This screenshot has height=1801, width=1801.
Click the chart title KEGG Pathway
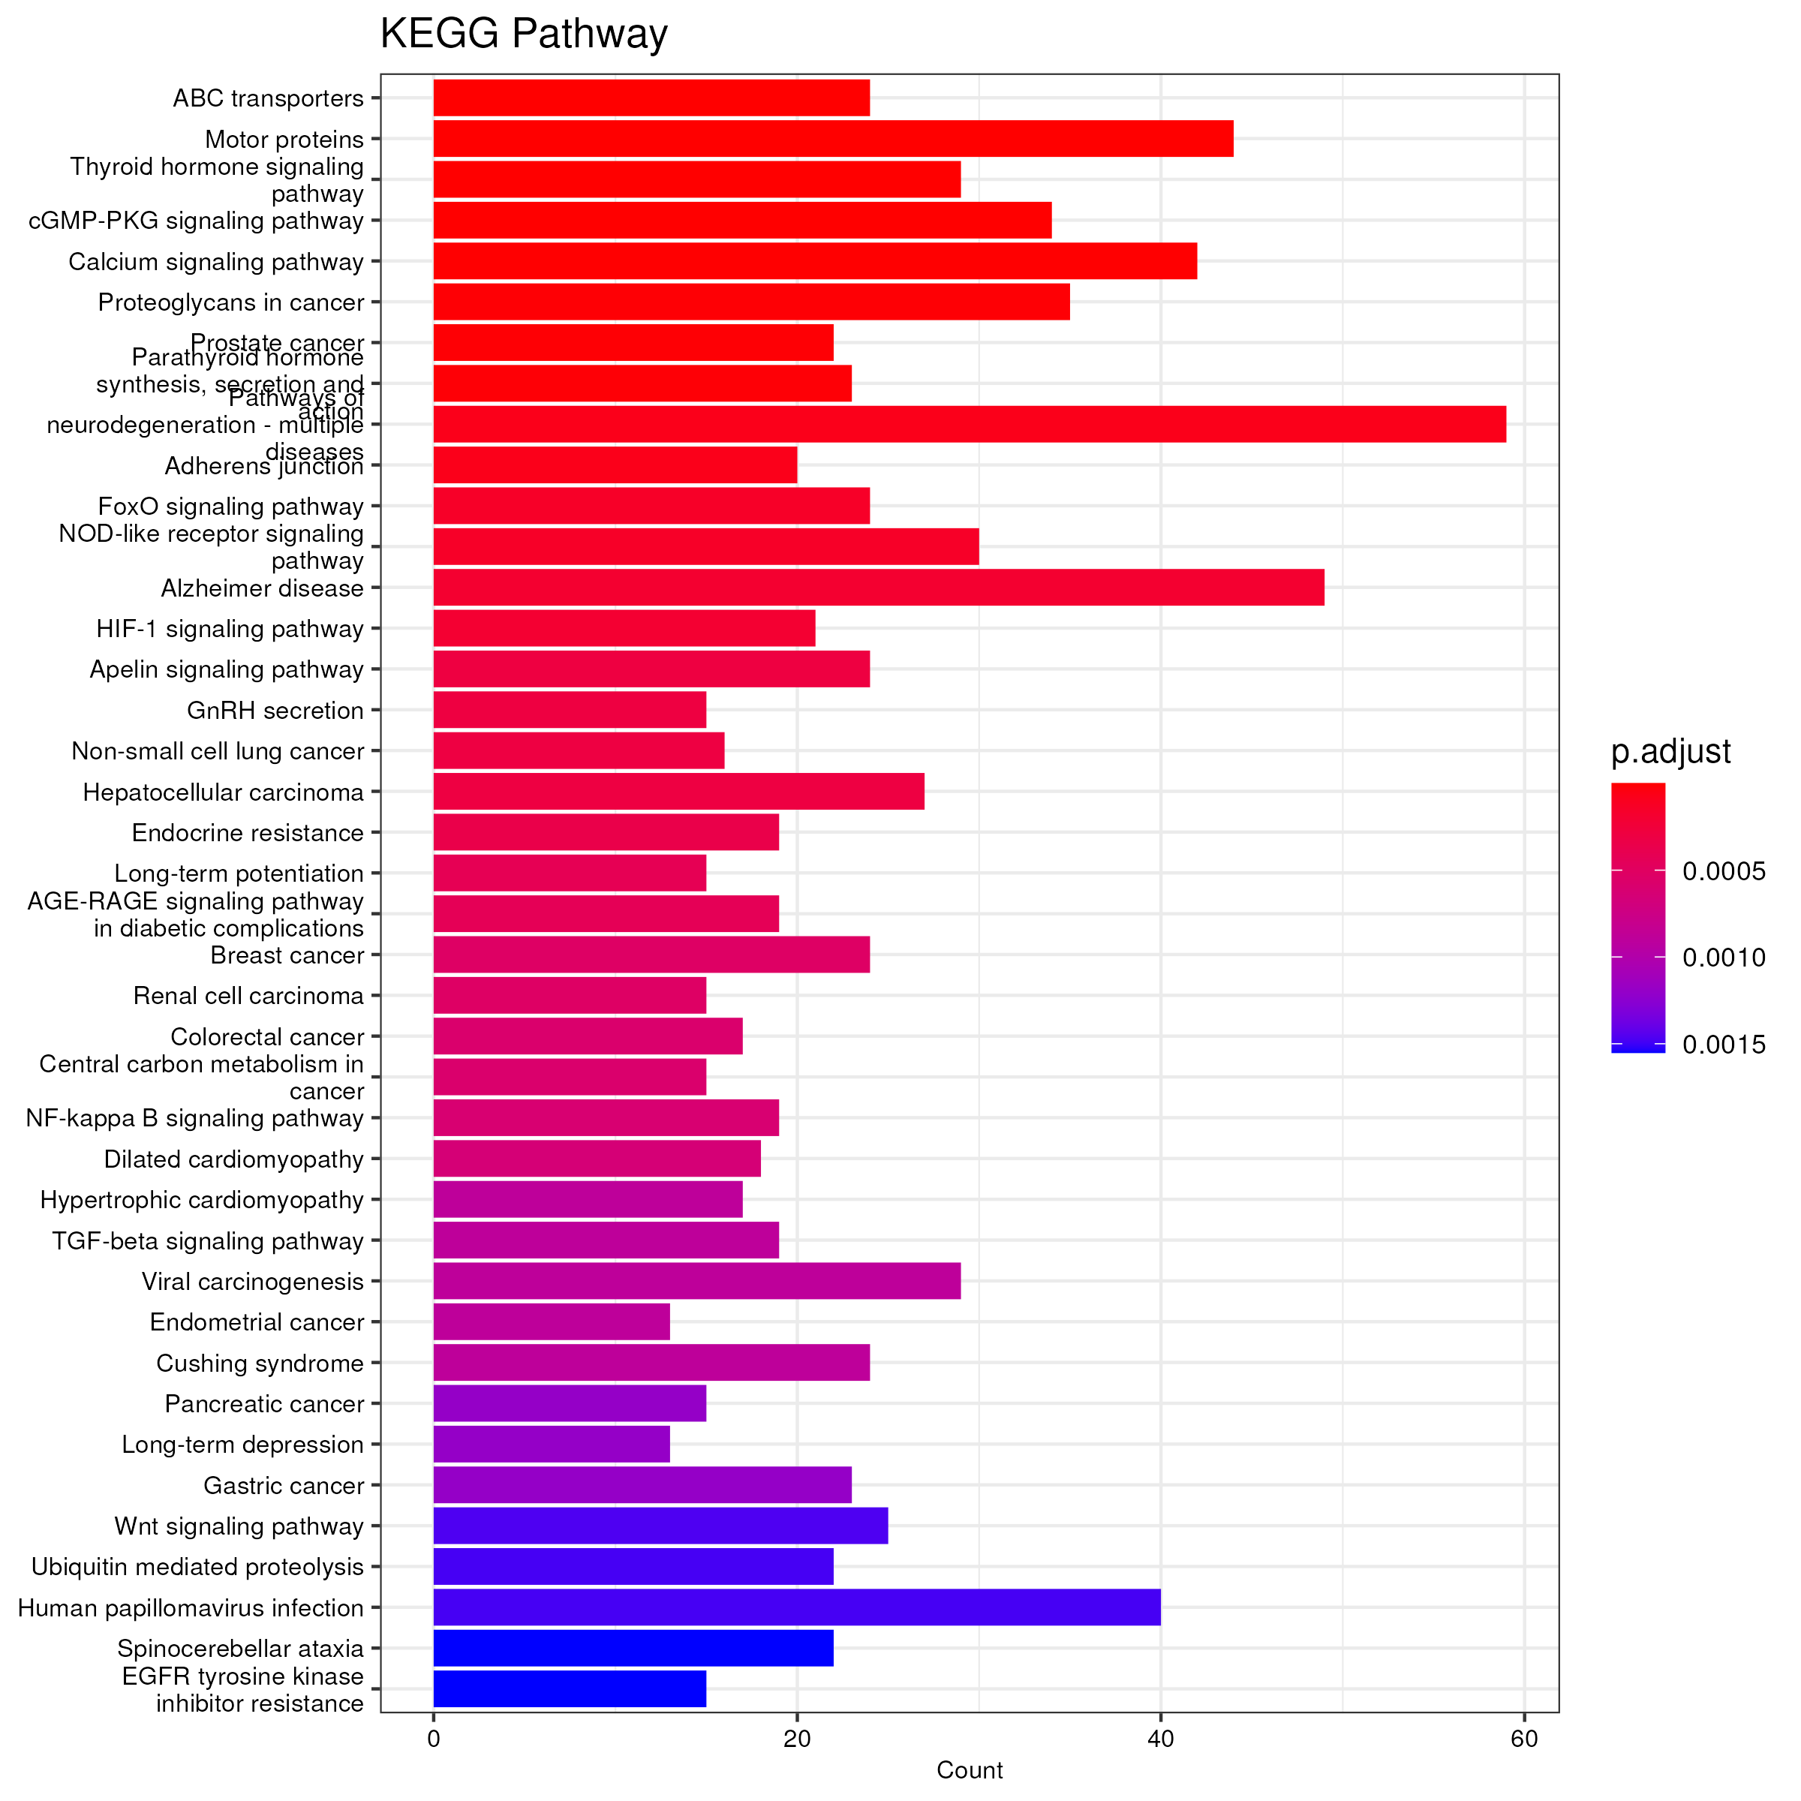point(523,35)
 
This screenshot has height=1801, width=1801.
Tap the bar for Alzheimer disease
point(878,588)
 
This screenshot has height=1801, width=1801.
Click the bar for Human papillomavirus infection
point(796,1607)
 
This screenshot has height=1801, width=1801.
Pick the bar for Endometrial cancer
point(551,1321)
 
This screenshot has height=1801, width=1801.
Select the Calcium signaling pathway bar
point(815,261)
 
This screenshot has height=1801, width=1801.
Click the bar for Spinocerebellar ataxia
point(633,1648)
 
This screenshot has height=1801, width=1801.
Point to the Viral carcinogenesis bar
point(696,1281)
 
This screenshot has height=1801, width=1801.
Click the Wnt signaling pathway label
point(239,1526)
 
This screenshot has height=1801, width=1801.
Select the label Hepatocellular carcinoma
point(223,792)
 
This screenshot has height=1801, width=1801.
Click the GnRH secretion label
point(275,711)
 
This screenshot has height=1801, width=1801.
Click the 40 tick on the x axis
point(1159,1739)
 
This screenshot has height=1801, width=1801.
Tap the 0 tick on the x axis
point(434,1739)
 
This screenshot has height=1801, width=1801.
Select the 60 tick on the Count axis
point(1523,1739)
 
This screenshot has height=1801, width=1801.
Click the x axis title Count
point(969,1770)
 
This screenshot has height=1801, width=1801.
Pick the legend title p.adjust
point(1670,751)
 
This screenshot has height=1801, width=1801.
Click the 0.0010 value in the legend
point(1723,958)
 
